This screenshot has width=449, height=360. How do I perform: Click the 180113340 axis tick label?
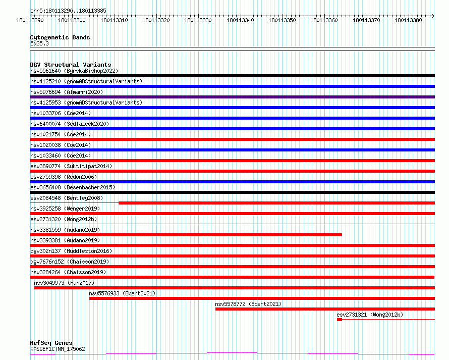pos(240,20)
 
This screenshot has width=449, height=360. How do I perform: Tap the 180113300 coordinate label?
pos(72,20)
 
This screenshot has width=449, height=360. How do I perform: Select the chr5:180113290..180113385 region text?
pos(68,11)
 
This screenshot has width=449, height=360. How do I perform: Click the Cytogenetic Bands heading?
pos(60,37)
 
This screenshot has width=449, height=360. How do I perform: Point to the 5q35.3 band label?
pos(39,43)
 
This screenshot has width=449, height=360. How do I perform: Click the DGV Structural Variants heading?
pos(71,65)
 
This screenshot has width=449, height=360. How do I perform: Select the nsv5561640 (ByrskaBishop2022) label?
pos(74,71)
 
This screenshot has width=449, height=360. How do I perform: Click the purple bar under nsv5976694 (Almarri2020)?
pos(232,97)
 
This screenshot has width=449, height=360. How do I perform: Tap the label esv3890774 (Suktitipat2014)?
pos(71,166)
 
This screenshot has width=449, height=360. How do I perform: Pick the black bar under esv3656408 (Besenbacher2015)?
pos(232,192)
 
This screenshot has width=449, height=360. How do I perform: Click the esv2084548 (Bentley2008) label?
pos(67,198)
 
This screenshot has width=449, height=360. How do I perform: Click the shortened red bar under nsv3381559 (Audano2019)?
pos(186,235)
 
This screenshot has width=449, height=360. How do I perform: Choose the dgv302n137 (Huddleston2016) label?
pos(71,251)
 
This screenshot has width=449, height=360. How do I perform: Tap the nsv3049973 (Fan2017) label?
pos(64,283)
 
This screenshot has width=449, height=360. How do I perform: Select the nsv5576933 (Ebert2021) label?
pos(122,293)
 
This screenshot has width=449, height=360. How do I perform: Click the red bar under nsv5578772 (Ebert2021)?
pos(325,309)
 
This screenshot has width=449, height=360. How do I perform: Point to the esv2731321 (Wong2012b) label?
pos(370,315)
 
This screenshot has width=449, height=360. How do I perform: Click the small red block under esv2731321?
pos(340,320)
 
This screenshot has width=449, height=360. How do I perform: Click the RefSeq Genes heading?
pos(51,343)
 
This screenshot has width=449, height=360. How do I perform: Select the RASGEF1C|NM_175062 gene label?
pos(58,349)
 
